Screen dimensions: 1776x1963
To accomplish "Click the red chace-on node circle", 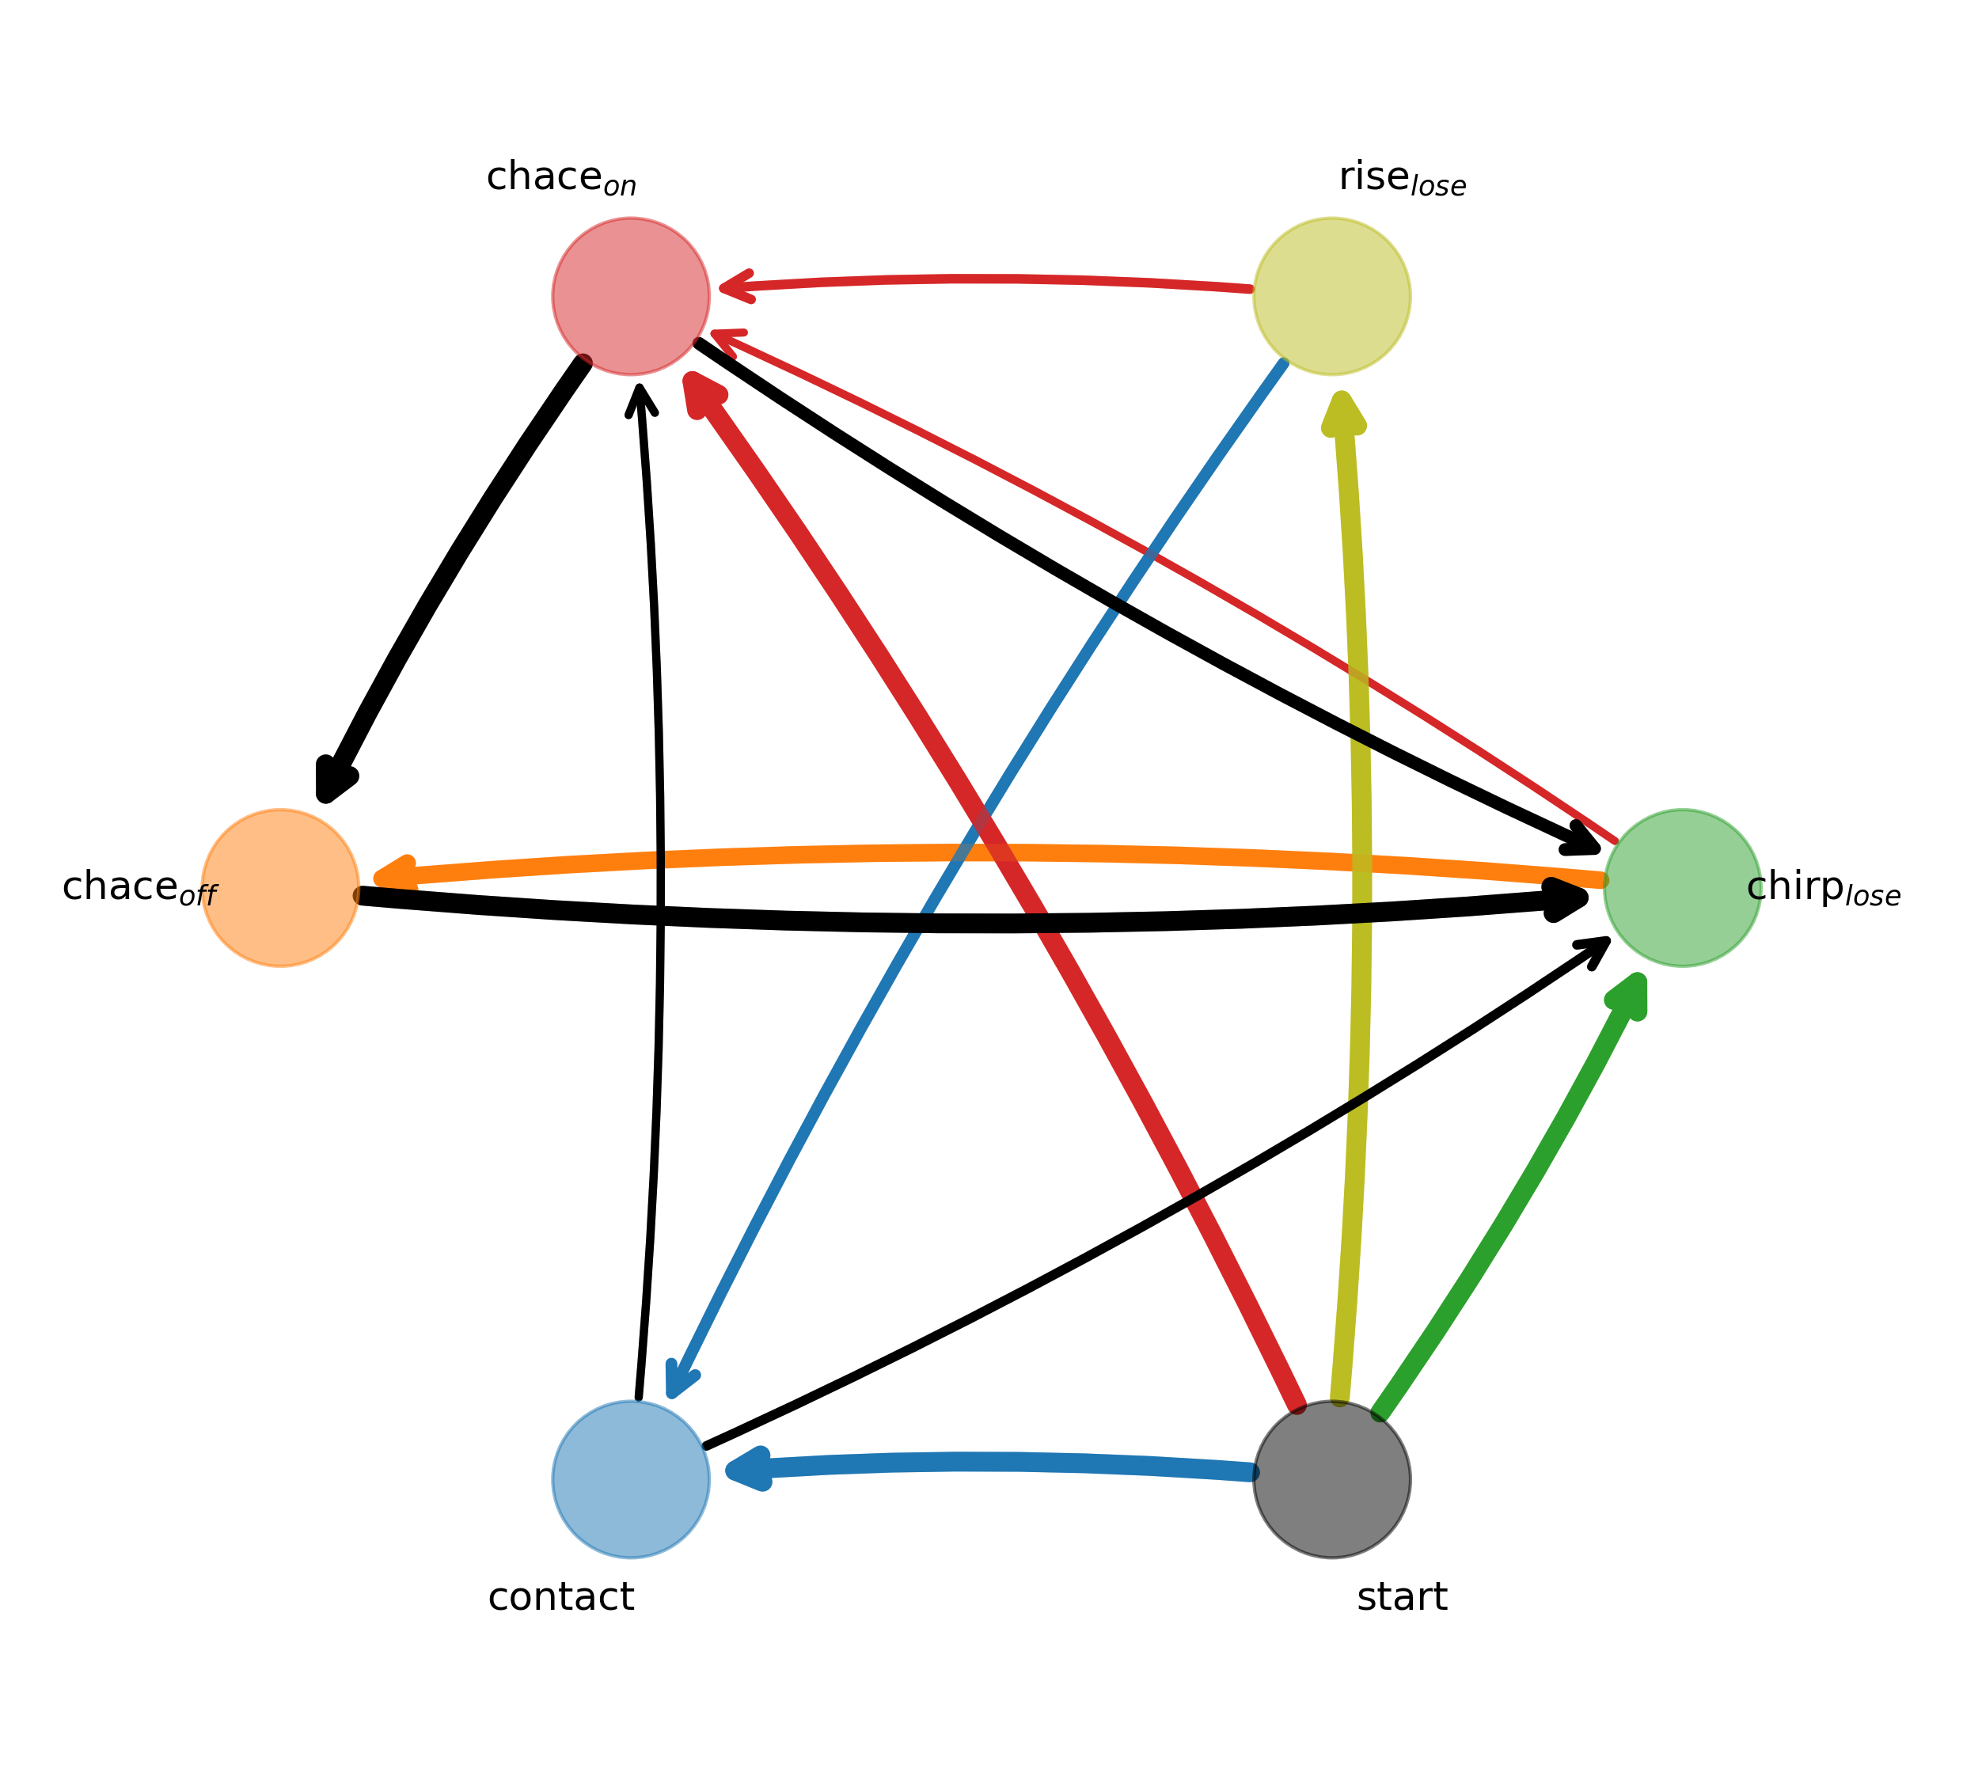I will coord(631,296).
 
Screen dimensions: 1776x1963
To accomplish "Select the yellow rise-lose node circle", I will coord(1332,296).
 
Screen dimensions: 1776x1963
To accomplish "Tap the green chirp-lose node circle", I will coord(1683,888).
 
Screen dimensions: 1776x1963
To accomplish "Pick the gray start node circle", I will coord(1332,1480).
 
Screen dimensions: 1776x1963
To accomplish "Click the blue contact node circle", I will coord(631,1480).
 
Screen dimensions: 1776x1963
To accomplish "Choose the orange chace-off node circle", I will coord(280,888).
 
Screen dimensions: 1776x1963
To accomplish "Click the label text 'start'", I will coord(1402,1598).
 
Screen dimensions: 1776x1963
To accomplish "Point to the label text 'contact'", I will coord(561,1598).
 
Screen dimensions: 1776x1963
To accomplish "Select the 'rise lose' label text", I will coord(1402,180).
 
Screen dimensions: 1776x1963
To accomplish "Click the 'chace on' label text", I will coord(561,180).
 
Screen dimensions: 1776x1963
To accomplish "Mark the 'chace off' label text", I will coord(139,890).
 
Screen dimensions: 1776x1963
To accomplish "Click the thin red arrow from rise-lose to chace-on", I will coord(983,279).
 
